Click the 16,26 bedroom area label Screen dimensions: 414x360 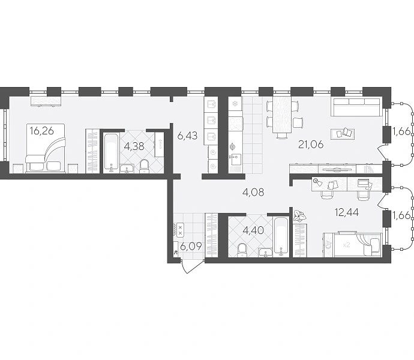(x=42, y=130)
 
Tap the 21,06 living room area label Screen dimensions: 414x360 (x=311, y=145)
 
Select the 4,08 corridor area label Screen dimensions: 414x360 (x=253, y=192)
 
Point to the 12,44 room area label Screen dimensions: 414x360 (x=347, y=212)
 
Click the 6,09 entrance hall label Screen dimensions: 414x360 (x=191, y=247)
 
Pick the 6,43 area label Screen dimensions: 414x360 (x=187, y=136)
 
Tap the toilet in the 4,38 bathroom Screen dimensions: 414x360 (x=144, y=166)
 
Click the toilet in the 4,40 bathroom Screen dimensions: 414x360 (x=242, y=250)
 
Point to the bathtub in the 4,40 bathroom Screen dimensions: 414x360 (x=281, y=237)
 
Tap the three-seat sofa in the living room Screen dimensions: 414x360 (x=356, y=107)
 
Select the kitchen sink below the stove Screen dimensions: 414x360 (x=235, y=159)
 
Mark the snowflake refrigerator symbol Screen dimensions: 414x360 (x=234, y=104)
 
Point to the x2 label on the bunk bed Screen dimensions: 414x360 (x=346, y=245)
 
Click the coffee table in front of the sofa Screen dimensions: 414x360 (x=343, y=134)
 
